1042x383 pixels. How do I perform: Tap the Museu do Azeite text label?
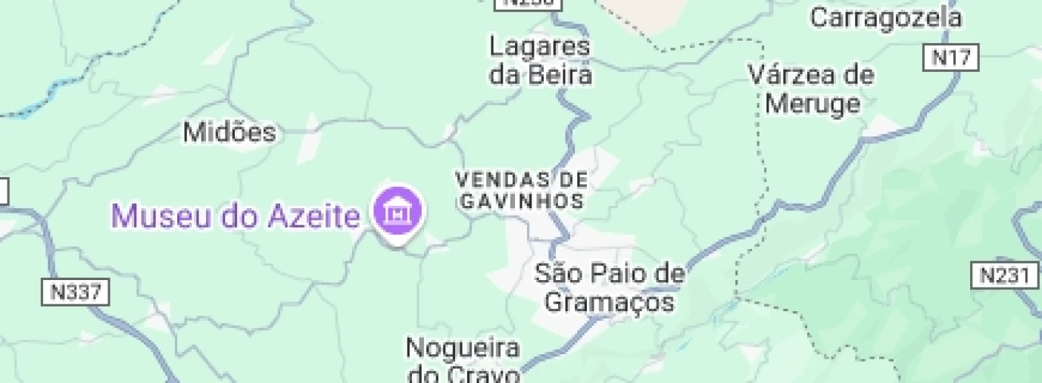tap(236, 216)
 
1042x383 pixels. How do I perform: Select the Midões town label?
tap(229, 132)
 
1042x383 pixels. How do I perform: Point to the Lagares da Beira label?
tap(539, 61)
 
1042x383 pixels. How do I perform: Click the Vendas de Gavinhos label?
tap(521, 190)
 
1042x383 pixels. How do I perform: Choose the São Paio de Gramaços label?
tap(610, 288)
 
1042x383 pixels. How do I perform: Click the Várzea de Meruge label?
tap(811, 89)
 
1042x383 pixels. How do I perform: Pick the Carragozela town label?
tap(886, 17)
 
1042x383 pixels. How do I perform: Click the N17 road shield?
tap(951, 58)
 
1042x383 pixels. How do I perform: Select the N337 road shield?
tap(76, 292)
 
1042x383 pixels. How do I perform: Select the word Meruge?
tap(813, 103)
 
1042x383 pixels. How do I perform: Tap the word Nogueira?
tap(463, 349)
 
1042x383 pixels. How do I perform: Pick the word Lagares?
tap(539, 47)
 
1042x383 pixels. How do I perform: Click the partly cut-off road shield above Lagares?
tap(529, 4)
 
